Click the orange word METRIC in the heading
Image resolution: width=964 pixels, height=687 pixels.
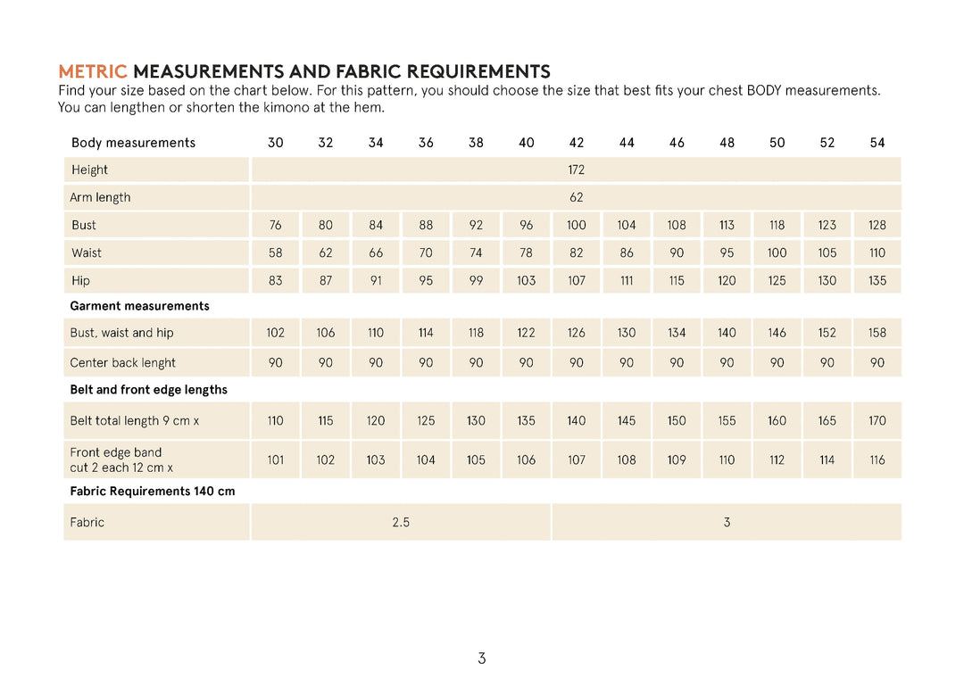pyautogui.click(x=93, y=71)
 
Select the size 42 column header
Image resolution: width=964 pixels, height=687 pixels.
pyautogui.click(x=577, y=143)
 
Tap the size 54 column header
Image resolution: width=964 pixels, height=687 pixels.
pyautogui.click(x=877, y=143)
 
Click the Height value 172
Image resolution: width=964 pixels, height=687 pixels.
pyautogui.click(x=577, y=170)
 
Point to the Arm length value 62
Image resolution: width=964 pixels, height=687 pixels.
pyautogui.click(x=577, y=197)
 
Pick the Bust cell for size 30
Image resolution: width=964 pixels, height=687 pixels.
pyautogui.click(x=276, y=226)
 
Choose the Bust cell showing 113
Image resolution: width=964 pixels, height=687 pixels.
pyautogui.click(x=727, y=226)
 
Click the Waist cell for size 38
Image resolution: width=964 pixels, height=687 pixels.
pyautogui.click(x=477, y=253)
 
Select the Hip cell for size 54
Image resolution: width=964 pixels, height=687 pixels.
pyautogui.click(x=877, y=281)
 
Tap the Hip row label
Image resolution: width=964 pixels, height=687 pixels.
pyautogui.click(x=81, y=281)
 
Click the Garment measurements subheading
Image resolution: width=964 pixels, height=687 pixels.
pyautogui.click(x=139, y=306)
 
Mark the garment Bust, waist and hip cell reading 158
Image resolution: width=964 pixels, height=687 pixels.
pyautogui.click(x=877, y=333)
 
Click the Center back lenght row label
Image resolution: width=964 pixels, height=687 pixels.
pyautogui.click(x=123, y=363)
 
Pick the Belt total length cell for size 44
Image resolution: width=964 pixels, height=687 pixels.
pyautogui.click(x=627, y=421)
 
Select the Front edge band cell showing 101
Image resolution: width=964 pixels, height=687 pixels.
pyautogui.click(x=276, y=460)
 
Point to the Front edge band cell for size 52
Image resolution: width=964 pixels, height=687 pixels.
pyautogui.click(x=827, y=460)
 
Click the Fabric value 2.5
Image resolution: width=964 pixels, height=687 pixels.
pyautogui.click(x=401, y=523)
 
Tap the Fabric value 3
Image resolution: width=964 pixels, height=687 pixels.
pyautogui.click(x=727, y=523)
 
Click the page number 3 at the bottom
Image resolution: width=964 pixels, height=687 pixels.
pyautogui.click(x=482, y=659)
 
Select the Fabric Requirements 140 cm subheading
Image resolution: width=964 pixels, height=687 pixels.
pyautogui.click(x=153, y=492)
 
